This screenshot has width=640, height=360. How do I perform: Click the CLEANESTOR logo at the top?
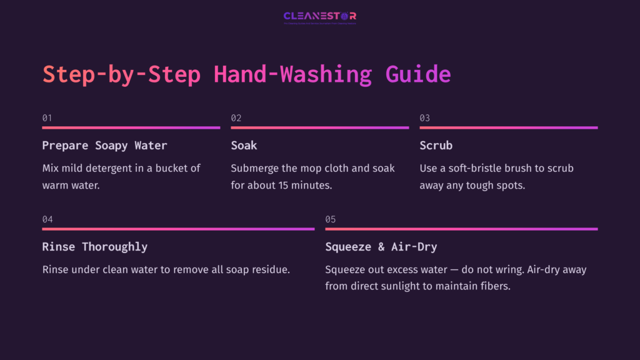[319, 17]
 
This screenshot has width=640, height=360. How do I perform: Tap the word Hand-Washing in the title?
[292, 74]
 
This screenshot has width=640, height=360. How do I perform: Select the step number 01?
[47, 117]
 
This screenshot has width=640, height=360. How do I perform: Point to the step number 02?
[236, 117]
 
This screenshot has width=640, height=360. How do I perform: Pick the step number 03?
[425, 117]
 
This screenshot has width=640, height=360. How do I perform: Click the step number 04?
[47, 219]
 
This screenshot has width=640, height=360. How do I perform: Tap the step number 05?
[331, 219]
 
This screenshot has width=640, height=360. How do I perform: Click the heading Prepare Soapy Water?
[104, 146]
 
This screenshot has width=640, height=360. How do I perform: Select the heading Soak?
[244, 146]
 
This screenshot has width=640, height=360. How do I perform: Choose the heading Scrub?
[436, 146]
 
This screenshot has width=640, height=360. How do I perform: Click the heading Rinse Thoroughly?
[94, 247]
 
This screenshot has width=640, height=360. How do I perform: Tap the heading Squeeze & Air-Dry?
[381, 247]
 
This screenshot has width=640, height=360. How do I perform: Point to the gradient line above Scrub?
[508, 127]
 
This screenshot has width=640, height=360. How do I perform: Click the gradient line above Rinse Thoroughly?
[178, 229]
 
